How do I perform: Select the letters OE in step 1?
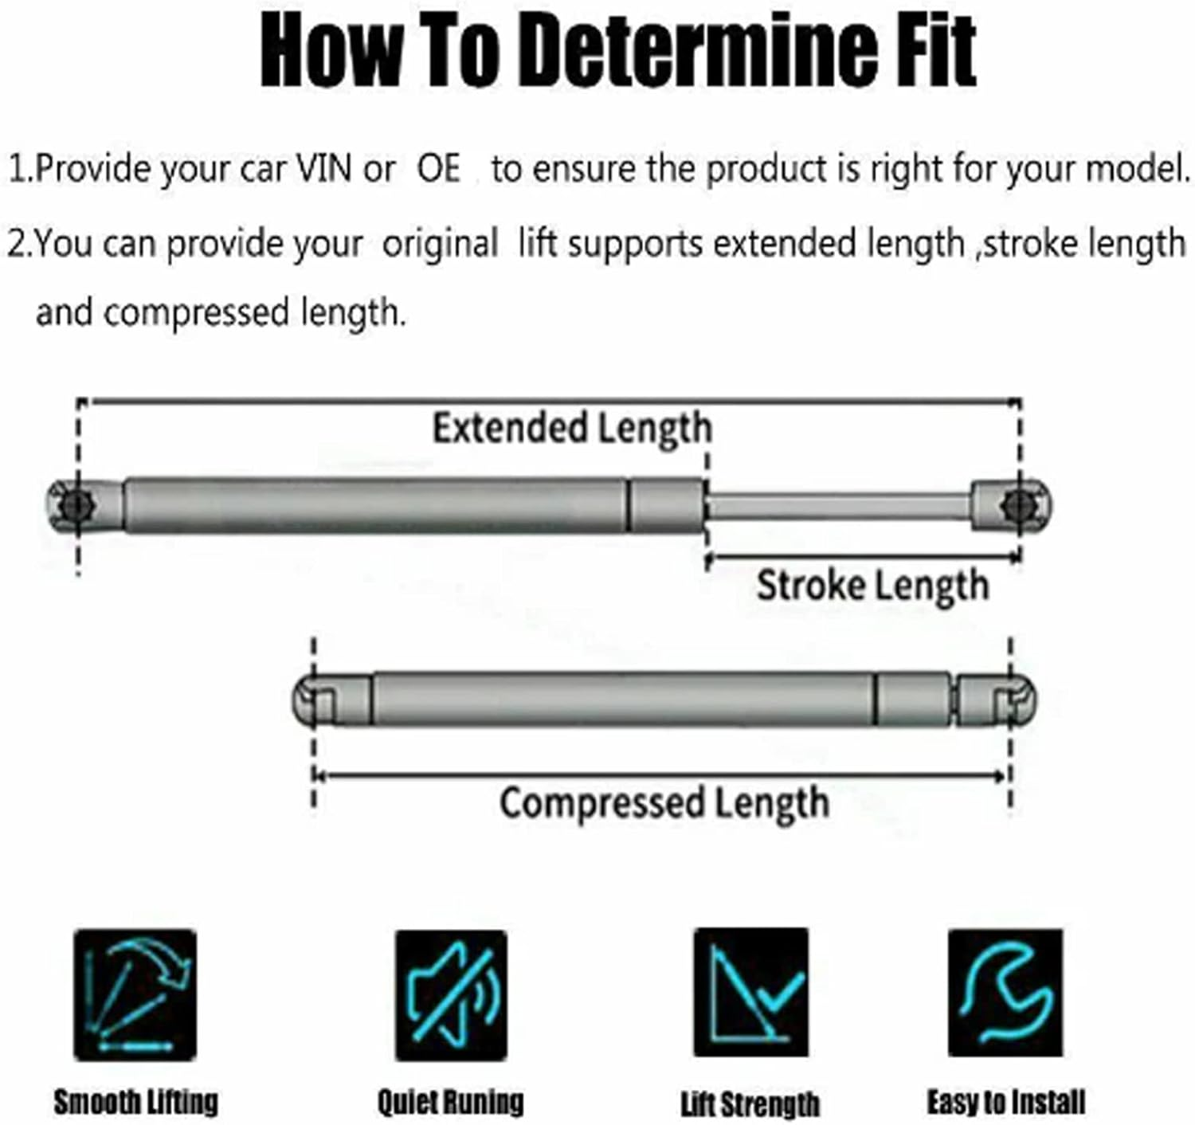click(x=439, y=169)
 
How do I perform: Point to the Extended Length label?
click(x=571, y=428)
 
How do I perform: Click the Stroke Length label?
click(x=872, y=586)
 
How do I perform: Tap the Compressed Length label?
click(x=664, y=802)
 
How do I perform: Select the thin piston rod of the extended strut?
click(x=836, y=505)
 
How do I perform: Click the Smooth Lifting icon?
click(x=135, y=995)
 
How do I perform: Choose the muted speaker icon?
click(x=451, y=995)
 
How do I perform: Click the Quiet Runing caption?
click(x=451, y=1102)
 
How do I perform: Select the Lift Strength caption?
click(x=750, y=1103)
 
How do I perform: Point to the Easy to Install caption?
click(x=1005, y=1102)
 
